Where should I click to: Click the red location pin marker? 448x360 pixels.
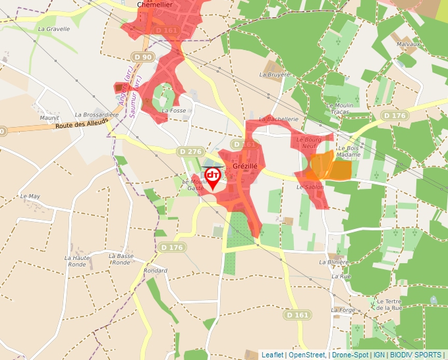click(x=213, y=176)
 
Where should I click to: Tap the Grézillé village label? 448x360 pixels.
click(x=244, y=167)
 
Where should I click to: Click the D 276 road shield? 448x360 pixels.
click(x=190, y=151)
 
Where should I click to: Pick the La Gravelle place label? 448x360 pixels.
click(x=54, y=29)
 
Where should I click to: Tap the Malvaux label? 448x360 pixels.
click(x=408, y=44)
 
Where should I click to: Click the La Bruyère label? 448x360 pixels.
click(x=275, y=75)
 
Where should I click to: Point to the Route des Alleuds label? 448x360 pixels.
click(x=82, y=125)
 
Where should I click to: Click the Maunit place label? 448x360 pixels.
click(x=49, y=118)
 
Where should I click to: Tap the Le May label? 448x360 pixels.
click(x=30, y=196)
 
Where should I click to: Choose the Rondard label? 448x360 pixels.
click(x=155, y=270)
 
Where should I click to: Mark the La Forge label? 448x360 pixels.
click(x=343, y=309)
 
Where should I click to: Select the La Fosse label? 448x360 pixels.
click(x=174, y=111)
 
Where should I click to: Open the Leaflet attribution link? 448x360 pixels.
click(x=272, y=355)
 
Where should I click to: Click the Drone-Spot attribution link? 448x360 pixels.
click(x=350, y=355)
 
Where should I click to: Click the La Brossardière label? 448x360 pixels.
click(x=97, y=115)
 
